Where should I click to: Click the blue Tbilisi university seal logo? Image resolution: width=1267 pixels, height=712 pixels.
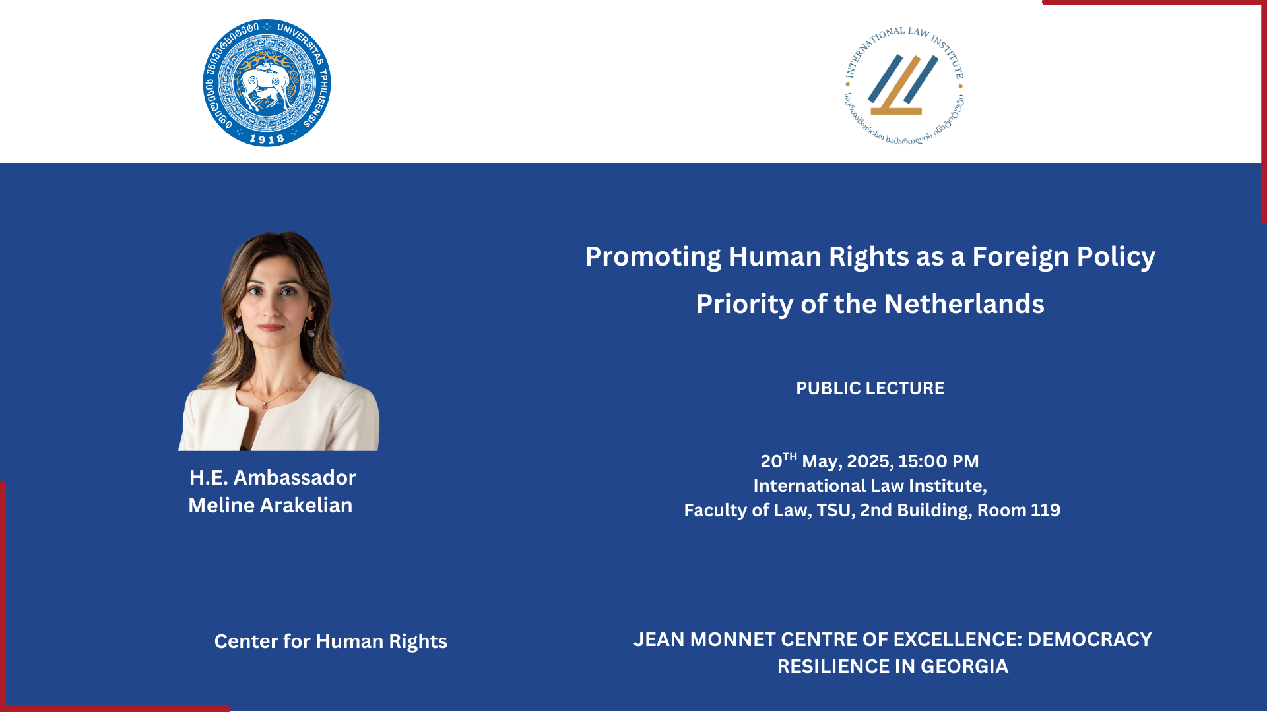267,83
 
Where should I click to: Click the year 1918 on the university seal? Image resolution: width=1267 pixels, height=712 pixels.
267,139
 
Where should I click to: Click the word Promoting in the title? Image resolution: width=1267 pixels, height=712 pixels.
653,257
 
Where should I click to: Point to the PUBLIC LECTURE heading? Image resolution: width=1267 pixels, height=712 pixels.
870,388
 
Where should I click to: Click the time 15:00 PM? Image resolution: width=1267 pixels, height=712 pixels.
938,461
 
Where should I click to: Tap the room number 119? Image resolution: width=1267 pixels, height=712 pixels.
1045,510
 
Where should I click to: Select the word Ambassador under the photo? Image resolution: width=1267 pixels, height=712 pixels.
294,477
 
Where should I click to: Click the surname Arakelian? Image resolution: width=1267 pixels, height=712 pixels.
306,505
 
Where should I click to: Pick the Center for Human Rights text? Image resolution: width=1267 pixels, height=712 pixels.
331,641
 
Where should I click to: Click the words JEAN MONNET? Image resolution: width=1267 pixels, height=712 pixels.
704,639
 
